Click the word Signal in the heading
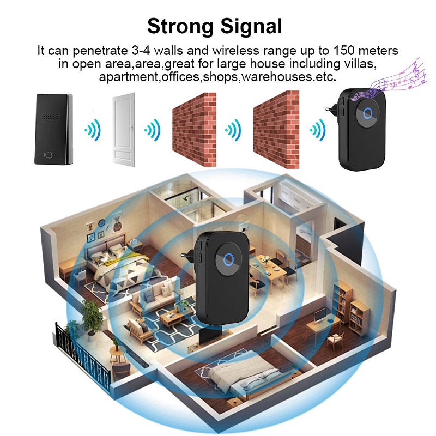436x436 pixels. [251, 27]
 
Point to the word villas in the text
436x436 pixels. [360, 64]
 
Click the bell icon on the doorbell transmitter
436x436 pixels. [50, 155]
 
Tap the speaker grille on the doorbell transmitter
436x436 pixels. [51, 116]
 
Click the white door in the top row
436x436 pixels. [124, 130]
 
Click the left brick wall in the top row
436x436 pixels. [194, 130]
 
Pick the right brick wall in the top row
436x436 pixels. [276, 130]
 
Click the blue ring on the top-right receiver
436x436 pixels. [368, 113]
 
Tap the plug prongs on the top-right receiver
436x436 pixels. [331, 110]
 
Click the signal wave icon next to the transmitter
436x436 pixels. [93, 130]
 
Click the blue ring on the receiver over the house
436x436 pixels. [228, 259]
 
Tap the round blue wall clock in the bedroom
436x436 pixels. [102, 223]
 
